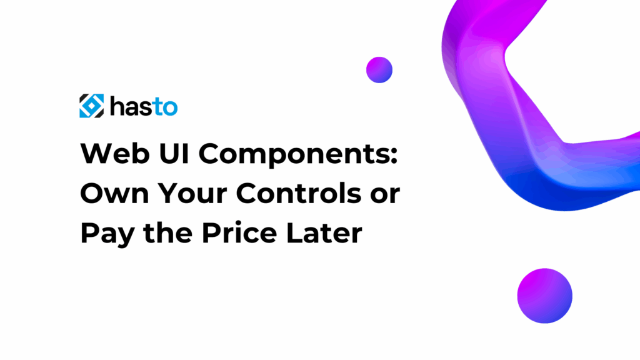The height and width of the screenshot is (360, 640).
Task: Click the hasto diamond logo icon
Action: (91, 106)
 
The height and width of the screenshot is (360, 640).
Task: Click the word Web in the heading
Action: (115, 154)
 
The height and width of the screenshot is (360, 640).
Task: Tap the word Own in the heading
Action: (115, 193)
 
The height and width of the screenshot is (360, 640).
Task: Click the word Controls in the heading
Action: (298, 192)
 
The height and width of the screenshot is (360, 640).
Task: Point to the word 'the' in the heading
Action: (167, 232)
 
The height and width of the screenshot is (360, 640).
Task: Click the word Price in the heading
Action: (239, 232)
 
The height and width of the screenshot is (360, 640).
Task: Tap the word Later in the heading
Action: (324, 232)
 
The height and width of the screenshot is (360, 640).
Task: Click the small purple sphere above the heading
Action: (379, 70)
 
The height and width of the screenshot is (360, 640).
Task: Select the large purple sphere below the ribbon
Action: (544, 296)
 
